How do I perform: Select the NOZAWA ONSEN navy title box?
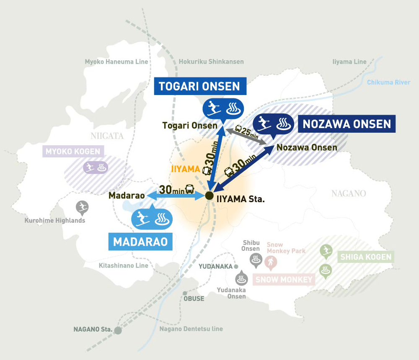(x=347, y=124)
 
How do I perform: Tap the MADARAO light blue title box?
(x=140, y=242)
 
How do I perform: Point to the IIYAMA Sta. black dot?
(x=209, y=195)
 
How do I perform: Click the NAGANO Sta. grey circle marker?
(x=118, y=330)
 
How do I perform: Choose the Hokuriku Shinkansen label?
(x=211, y=62)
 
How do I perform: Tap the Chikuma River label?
(x=388, y=82)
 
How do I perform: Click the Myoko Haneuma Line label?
(x=116, y=62)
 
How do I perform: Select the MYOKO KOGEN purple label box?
(x=73, y=151)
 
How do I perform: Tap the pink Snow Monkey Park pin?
(x=271, y=262)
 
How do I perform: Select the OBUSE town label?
(x=194, y=298)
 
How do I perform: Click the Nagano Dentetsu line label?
(x=191, y=329)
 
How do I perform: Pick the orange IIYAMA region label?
(x=184, y=169)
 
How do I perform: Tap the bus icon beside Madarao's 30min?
(x=190, y=189)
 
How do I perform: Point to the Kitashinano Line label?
(x=123, y=265)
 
